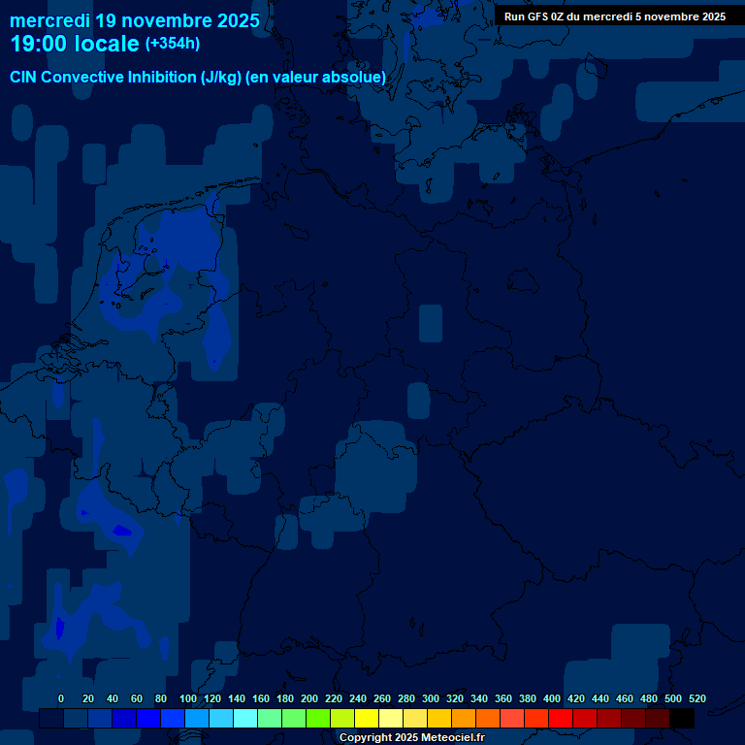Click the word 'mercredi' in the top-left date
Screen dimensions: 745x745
click(x=49, y=20)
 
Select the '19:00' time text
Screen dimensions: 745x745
click(x=39, y=44)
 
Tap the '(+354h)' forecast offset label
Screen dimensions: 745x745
click(x=173, y=44)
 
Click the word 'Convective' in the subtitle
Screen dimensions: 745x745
click(x=83, y=77)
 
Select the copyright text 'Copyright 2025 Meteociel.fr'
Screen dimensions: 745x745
click(x=411, y=738)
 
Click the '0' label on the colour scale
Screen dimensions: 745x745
click(x=61, y=698)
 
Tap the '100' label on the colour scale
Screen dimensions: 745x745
click(x=187, y=698)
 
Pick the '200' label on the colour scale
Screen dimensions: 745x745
click(x=309, y=698)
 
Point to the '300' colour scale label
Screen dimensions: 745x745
click(x=431, y=698)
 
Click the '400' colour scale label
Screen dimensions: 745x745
click(x=552, y=698)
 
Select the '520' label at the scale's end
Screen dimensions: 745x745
click(x=696, y=698)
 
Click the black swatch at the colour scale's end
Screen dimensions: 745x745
click(x=682, y=719)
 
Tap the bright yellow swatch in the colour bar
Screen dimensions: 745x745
click(x=367, y=719)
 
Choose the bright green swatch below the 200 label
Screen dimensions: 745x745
click(x=318, y=719)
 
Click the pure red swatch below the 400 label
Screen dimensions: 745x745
click(x=561, y=719)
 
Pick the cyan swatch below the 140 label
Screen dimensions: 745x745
click(x=245, y=719)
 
